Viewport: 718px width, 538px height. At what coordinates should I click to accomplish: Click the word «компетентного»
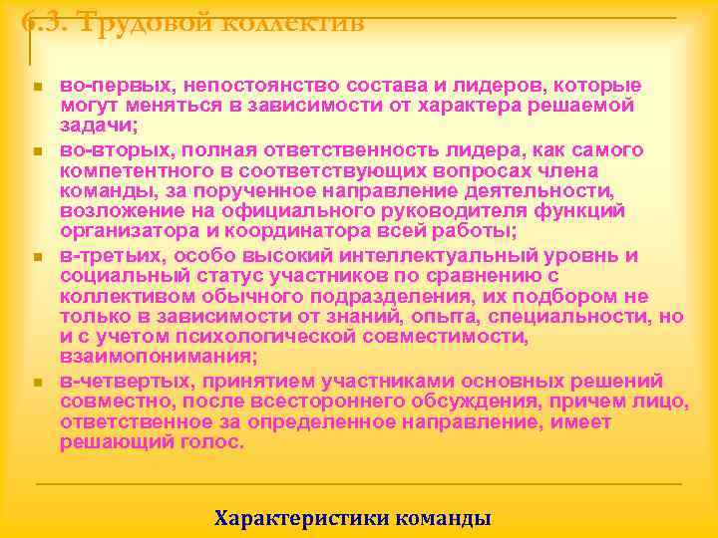point(134,169)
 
